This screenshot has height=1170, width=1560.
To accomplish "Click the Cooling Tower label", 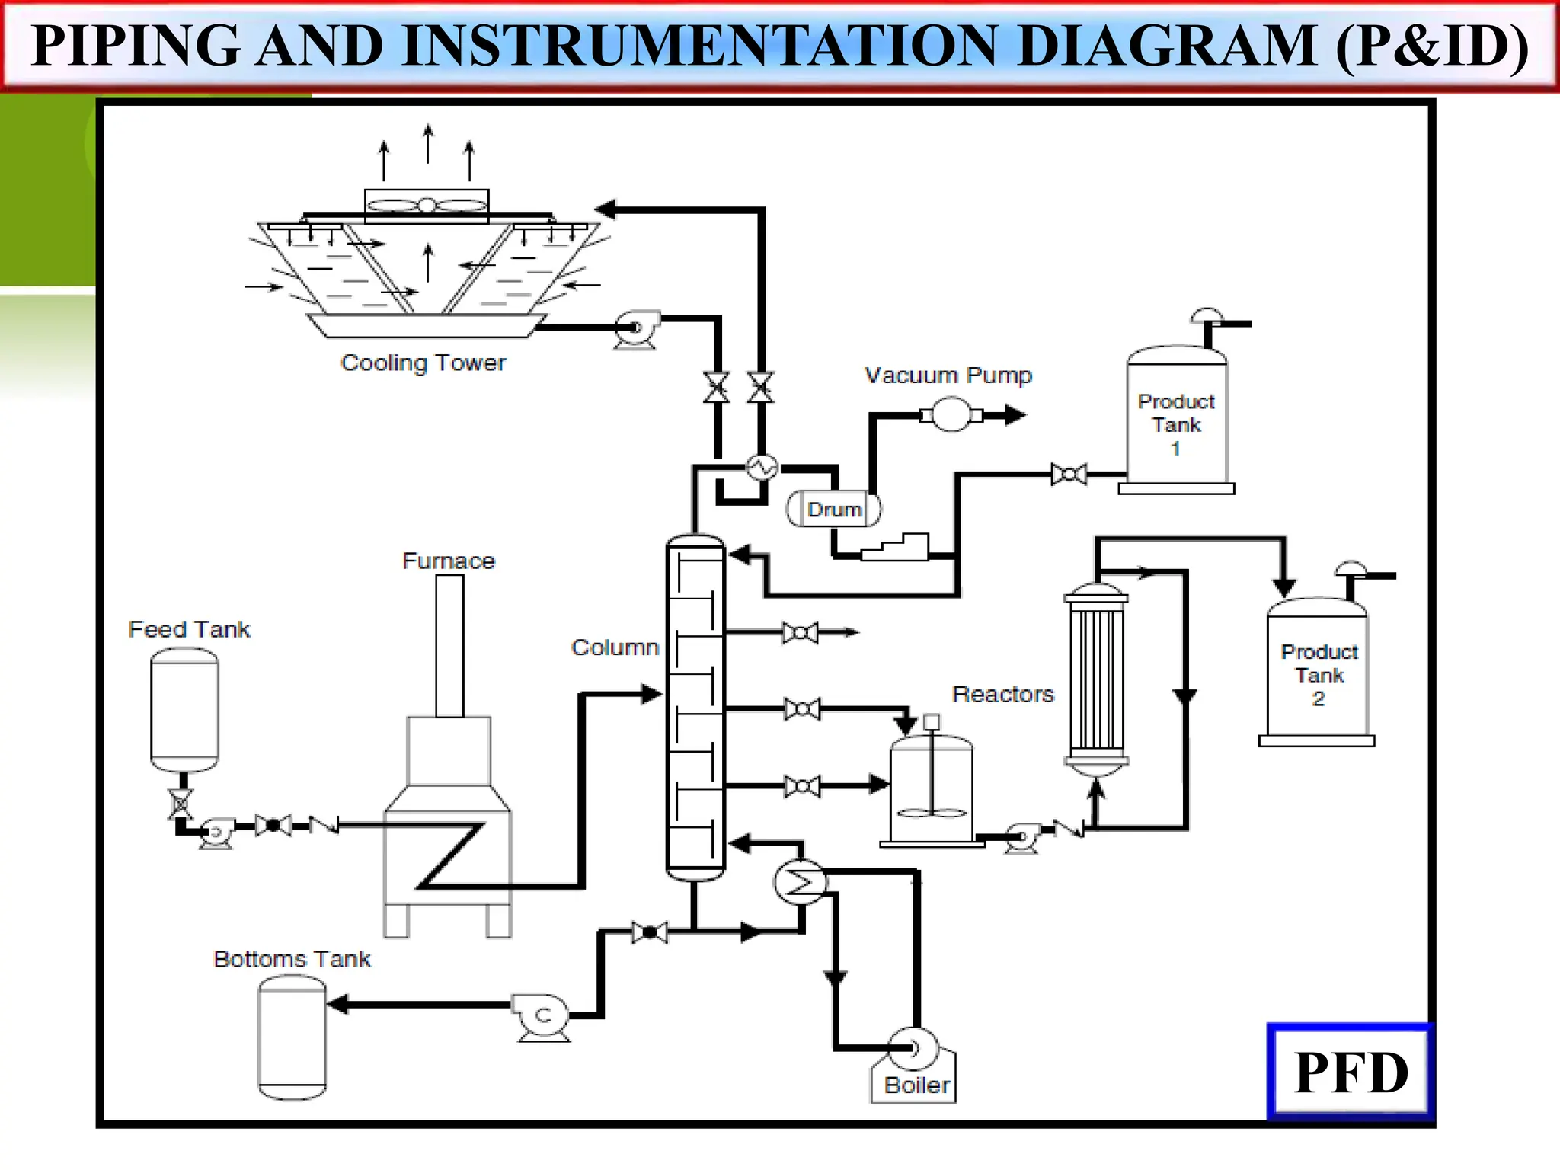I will point(423,363).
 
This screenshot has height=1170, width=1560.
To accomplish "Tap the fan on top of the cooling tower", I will point(427,205).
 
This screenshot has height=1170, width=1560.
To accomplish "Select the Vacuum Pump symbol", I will point(951,415).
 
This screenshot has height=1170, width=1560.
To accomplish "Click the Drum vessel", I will point(833,510).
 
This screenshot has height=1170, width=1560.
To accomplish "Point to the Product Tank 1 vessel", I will point(1176,419).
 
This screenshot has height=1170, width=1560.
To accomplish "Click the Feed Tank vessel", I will point(184,708).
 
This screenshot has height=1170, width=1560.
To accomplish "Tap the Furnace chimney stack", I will point(449,645).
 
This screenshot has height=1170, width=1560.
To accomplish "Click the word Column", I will point(615,647).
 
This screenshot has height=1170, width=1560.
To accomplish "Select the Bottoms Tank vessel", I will point(292,1037).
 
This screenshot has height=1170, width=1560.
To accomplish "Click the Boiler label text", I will point(916,1085).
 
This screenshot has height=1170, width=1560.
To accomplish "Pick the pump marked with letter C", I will point(542,1015).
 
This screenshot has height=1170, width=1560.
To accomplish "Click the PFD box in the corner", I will point(1351,1072).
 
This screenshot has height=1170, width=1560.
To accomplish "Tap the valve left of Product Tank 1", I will point(1069,475).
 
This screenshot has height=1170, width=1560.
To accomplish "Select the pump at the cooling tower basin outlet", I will point(636,328).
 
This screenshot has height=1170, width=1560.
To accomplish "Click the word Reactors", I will point(1002,694).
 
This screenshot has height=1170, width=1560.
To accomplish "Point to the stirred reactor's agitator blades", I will point(932,812).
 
